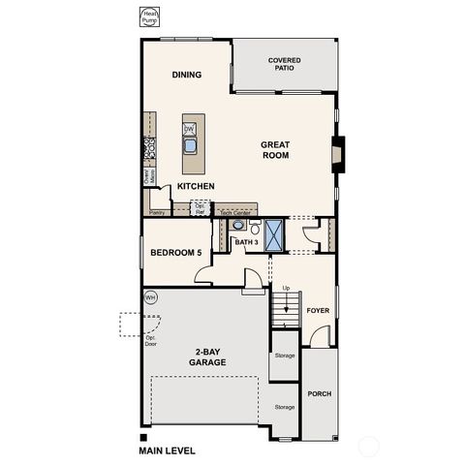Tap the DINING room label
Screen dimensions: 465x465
186,75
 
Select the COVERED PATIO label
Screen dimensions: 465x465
284,64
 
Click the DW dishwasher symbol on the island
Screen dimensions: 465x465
190,129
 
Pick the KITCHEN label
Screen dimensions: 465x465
196,186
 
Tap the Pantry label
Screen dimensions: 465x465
156,210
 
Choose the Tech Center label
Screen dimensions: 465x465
235,211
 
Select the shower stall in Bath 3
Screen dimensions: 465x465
274,234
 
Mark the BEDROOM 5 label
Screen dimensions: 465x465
175,254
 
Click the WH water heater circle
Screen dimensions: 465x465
151,297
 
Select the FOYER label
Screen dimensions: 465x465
319,311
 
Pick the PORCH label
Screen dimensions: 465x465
319,393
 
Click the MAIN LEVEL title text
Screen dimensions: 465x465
167,450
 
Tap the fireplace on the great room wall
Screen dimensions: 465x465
337,154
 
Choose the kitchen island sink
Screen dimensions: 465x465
191,146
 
